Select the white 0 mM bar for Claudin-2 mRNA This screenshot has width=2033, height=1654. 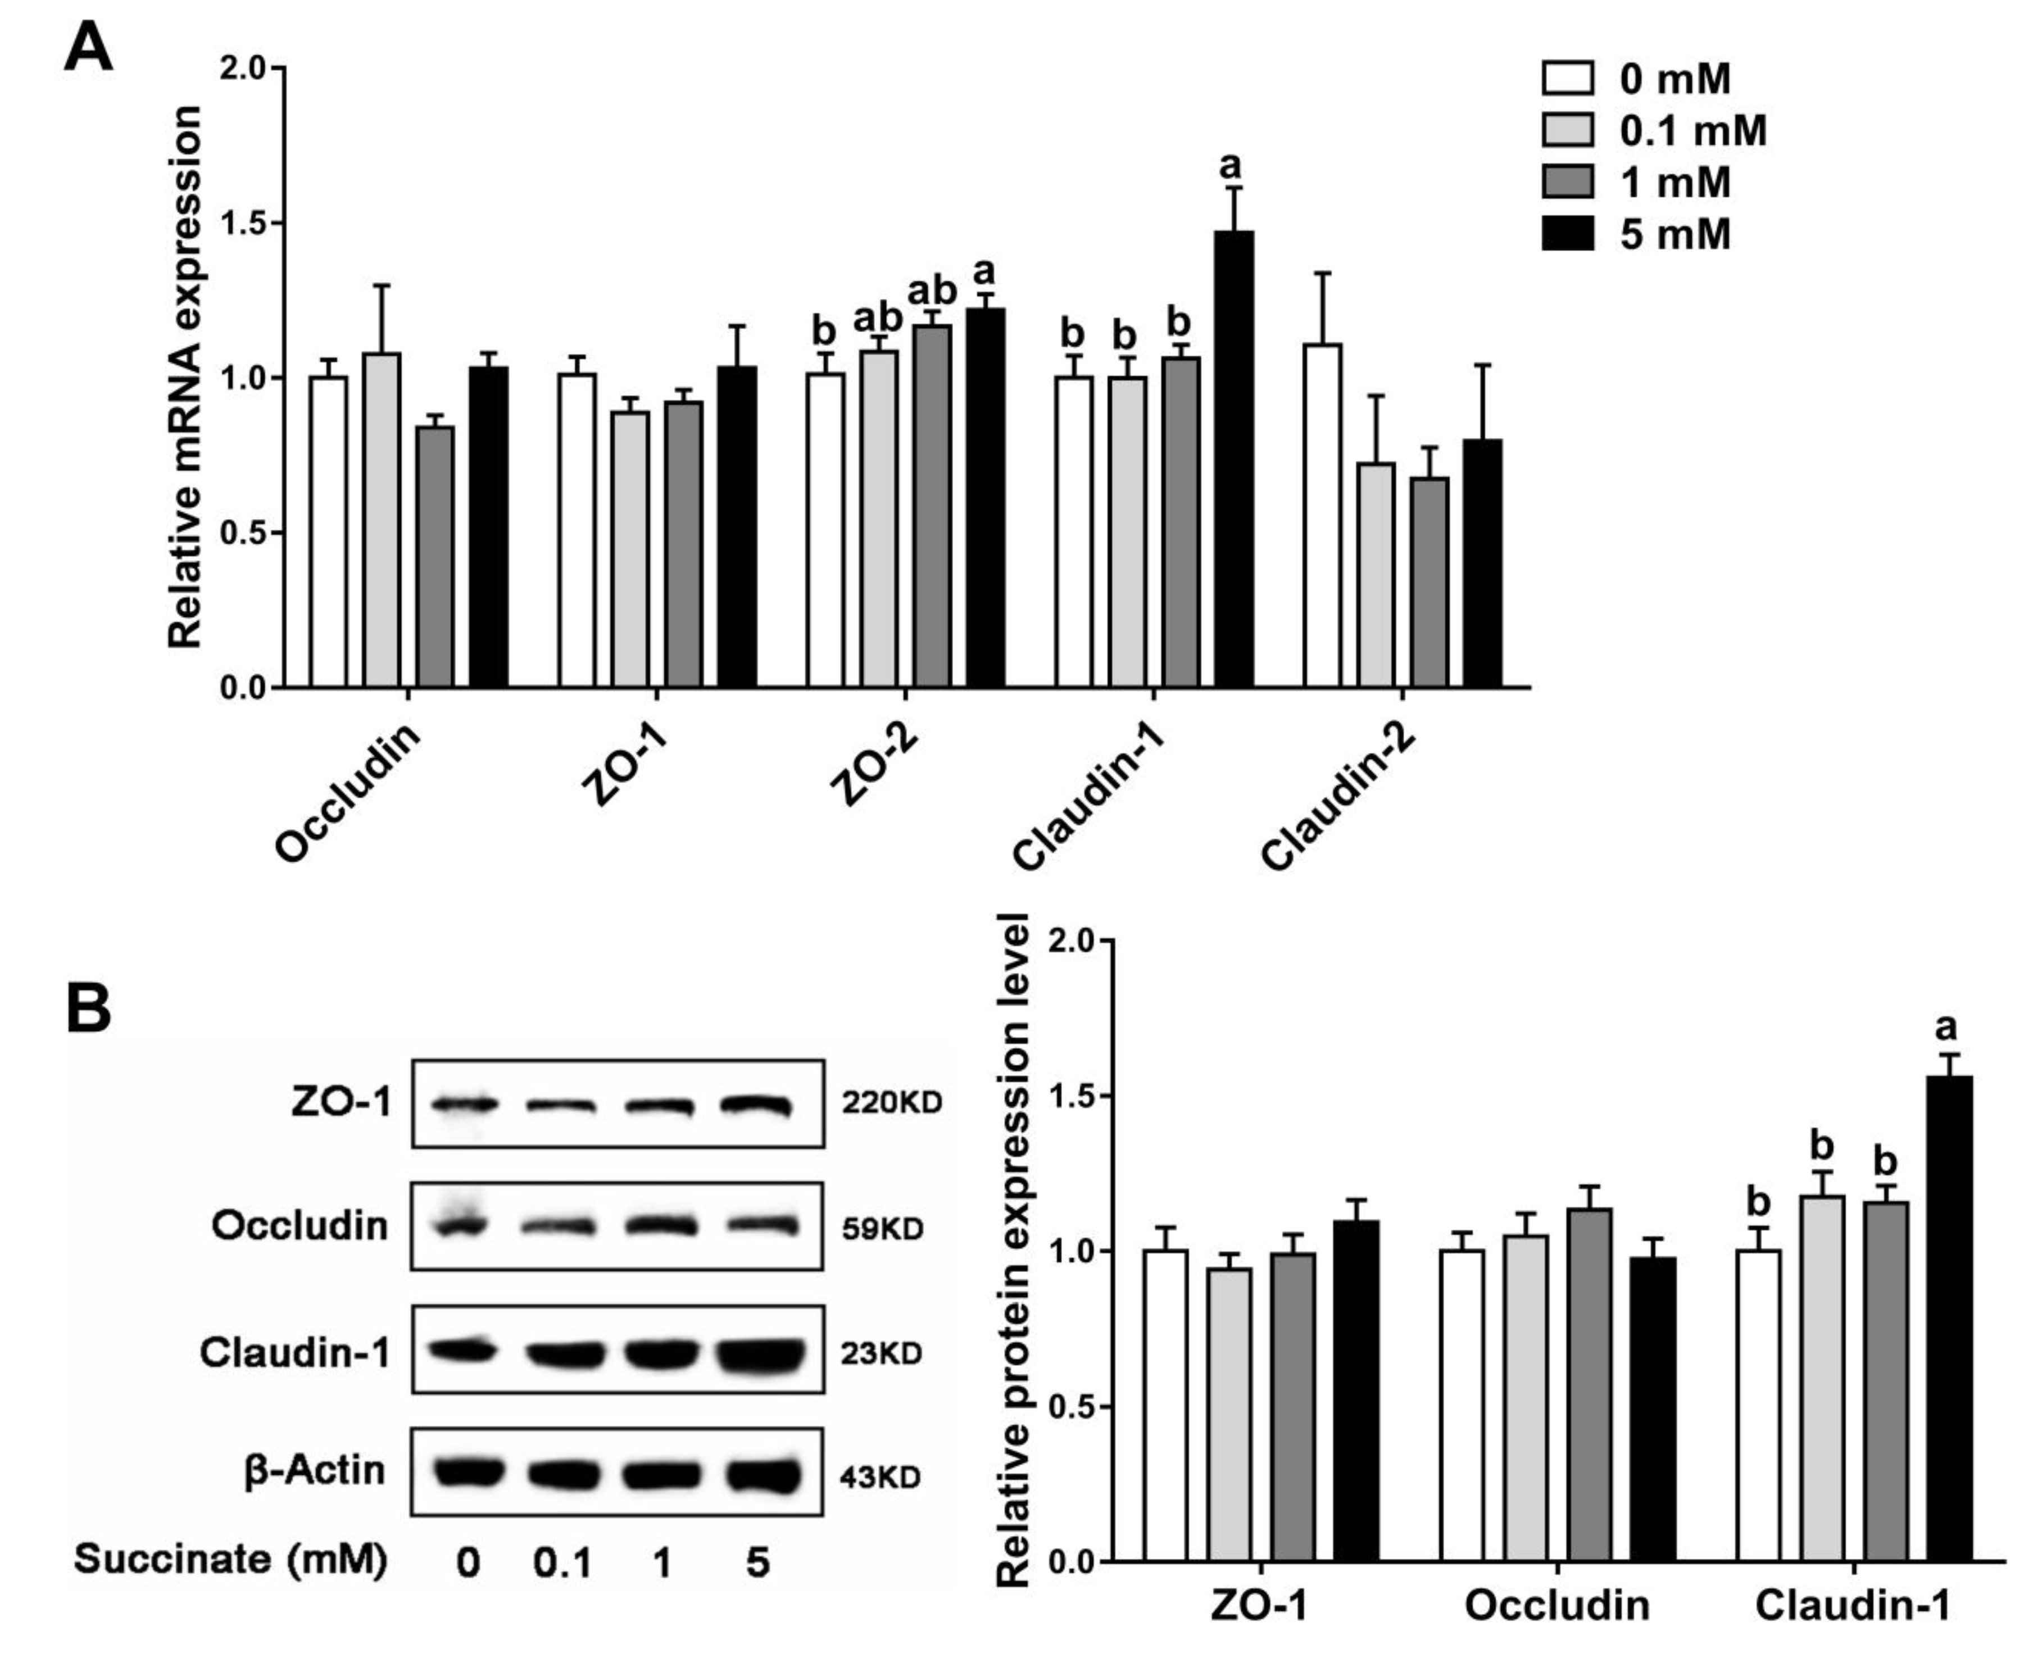1322,515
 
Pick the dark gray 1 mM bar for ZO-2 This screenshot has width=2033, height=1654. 931,506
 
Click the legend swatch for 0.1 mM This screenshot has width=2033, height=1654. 1567,130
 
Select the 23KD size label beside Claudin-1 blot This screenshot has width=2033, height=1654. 881,1353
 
